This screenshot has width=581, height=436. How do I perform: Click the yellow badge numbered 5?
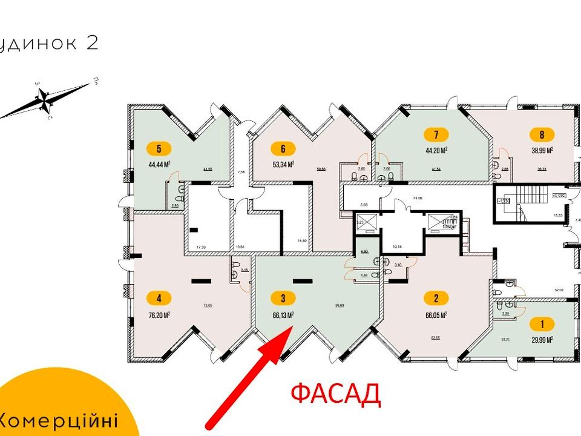159,147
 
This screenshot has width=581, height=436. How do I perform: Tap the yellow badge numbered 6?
283,147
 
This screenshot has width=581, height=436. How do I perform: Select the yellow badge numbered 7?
436,134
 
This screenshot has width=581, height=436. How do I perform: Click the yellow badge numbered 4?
159,298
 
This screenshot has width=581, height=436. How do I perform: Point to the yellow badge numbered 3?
283,298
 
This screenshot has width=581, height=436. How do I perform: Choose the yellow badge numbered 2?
436,298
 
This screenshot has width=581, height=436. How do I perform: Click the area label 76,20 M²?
159,315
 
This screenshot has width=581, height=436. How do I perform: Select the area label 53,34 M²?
283,164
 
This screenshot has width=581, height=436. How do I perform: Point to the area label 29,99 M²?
542,340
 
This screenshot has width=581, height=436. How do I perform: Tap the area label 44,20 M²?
436,150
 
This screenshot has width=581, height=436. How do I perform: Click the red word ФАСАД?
335,394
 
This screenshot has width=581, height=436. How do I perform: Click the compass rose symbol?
44,100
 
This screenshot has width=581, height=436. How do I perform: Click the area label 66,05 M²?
436,315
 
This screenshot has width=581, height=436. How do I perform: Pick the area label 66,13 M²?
283,315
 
